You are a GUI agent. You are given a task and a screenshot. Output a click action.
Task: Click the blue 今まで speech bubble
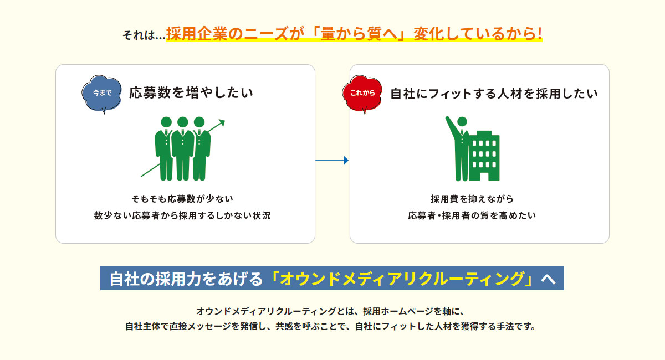pos(101,94)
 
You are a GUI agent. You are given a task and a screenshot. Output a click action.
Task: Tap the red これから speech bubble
pos(362,94)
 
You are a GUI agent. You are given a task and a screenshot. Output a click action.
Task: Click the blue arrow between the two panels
pos(332,160)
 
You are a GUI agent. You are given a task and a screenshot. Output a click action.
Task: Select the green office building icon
pos(484,156)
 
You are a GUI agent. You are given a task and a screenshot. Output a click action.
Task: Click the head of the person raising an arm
pos(462,122)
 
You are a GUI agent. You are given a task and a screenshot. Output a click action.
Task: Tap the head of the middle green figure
pos(182,122)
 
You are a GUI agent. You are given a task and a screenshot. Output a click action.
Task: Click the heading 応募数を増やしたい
pos(191,92)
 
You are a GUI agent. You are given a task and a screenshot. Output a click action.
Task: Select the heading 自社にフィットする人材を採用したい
pos(494,94)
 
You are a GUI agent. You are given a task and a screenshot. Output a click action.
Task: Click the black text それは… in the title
pos(144,35)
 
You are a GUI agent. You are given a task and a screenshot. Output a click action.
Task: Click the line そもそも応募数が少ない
pos(182,198)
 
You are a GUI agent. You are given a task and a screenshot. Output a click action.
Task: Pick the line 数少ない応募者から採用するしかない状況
pos(182,215)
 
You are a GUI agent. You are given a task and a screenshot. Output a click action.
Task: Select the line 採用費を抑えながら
pos(472,198)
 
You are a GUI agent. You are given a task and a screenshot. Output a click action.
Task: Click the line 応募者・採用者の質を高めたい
pos(472,215)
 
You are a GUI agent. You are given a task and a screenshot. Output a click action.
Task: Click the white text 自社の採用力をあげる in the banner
pos(186,279)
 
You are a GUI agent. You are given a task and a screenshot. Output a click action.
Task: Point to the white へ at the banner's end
pos(548,279)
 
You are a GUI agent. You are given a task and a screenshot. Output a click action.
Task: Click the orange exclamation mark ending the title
pos(539,33)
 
